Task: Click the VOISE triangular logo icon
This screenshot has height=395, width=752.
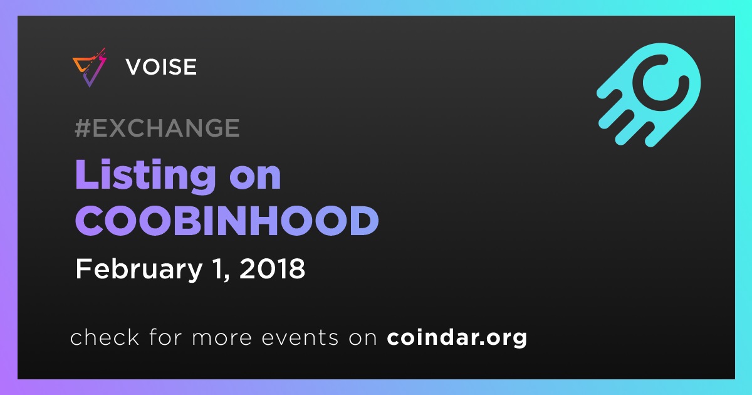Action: click(90, 68)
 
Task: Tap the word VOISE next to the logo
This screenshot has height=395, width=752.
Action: click(161, 66)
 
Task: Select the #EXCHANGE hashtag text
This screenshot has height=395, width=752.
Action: click(157, 128)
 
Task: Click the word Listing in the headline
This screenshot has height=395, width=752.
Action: click(145, 176)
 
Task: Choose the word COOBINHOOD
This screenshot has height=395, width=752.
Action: click(227, 221)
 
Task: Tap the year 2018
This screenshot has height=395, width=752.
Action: click(272, 268)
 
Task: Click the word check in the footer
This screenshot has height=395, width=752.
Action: click(105, 337)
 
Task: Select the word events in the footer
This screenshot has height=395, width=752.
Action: click(300, 337)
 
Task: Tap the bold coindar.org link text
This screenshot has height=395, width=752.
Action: click(457, 337)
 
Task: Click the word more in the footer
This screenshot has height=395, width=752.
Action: click(222, 339)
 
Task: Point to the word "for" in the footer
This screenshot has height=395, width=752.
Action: click(165, 337)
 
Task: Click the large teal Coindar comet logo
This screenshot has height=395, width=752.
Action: click(649, 95)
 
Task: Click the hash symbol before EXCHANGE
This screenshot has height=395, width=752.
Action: click(83, 128)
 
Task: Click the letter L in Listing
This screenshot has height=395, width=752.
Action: click(88, 174)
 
